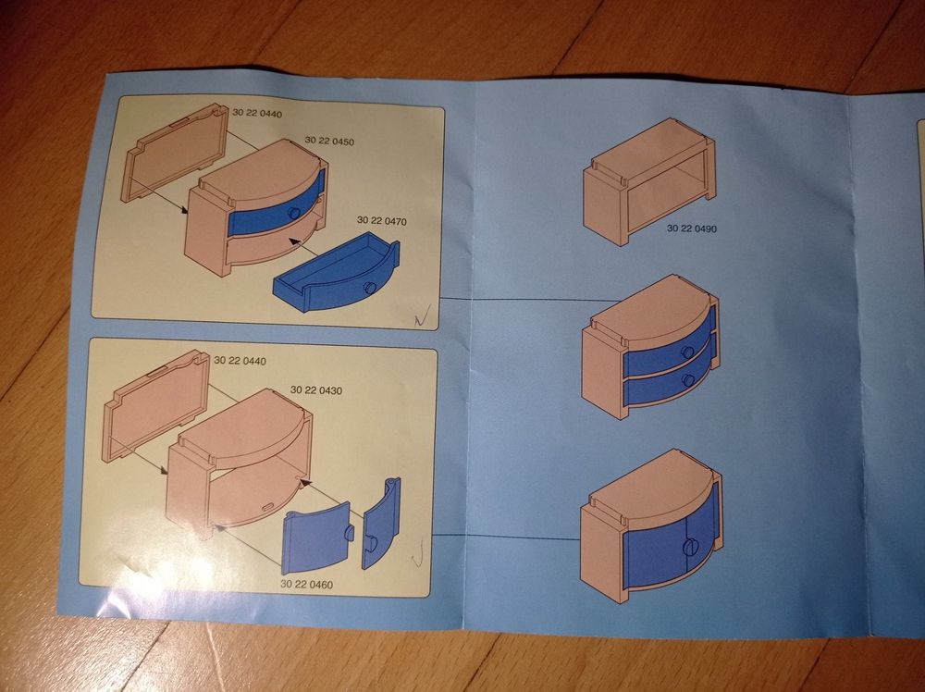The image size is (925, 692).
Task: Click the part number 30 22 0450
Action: pyautogui.click(x=329, y=141)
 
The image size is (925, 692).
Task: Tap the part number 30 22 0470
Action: pyautogui.click(x=382, y=220)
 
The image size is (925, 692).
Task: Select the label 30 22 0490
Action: pyautogui.click(x=691, y=229)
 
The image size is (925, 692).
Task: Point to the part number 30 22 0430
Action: pyautogui.click(x=315, y=390)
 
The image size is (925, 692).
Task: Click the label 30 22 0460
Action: pyautogui.click(x=307, y=584)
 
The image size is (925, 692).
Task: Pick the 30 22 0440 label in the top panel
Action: pyautogui.click(x=256, y=113)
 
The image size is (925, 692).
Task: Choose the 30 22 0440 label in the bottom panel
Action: pyautogui.click(x=240, y=361)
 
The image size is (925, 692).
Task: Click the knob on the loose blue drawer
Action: pyautogui.click(x=370, y=288)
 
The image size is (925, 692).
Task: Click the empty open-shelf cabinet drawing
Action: pyautogui.click(x=649, y=181)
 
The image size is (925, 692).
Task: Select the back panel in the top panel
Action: pyautogui.click(x=175, y=153)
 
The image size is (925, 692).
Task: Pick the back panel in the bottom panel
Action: pyautogui.click(x=156, y=406)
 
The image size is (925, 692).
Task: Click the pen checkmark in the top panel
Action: pyautogui.click(x=423, y=315)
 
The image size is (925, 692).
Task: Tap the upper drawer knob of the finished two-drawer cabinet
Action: pyautogui.click(x=687, y=352)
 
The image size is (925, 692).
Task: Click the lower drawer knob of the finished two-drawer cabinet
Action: pyautogui.click(x=686, y=380)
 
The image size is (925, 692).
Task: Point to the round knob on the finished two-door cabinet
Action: pyautogui.click(x=690, y=546)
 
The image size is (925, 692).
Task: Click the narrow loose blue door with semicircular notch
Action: pyautogui.click(x=381, y=524)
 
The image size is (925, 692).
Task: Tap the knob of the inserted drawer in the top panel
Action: pyautogui.click(x=293, y=213)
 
